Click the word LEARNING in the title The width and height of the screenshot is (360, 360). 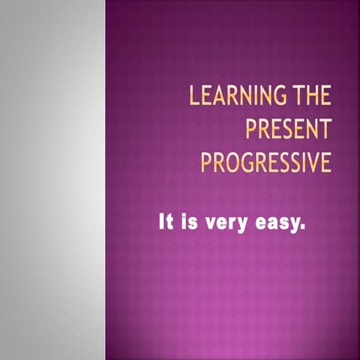click(238, 97)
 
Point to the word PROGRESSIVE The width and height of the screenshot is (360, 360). click(265, 161)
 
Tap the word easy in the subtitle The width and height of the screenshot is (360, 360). click(277, 224)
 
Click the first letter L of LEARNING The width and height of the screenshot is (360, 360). click(194, 97)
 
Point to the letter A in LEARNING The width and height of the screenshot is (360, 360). click(220, 97)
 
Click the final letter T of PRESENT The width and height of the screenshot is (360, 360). click(325, 129)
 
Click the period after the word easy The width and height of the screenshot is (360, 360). click(303, 228)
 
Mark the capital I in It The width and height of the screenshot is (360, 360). click(161, 223)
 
